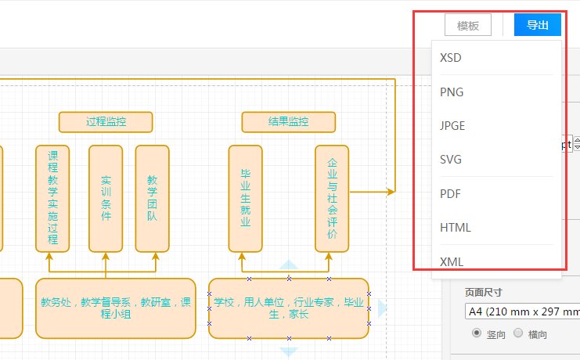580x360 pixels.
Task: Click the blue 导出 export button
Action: (538, 25)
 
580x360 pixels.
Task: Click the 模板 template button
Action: (468, 25)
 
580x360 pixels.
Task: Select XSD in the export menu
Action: (451, 58)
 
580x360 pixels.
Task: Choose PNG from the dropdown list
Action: (452, 92)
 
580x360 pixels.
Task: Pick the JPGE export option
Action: (453, 126)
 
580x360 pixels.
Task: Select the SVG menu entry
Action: (451, 160)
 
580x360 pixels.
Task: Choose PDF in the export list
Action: (450, 193)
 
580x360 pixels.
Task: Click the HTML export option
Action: (456, 228)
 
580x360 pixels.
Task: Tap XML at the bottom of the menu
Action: (452, 261)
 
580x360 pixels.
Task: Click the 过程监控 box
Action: (106, 122)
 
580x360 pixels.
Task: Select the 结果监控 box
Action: (288, 122)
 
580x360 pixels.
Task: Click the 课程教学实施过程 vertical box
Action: (52, 198)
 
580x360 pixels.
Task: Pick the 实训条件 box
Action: (106, 198)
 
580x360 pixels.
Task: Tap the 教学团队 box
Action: (153, 198)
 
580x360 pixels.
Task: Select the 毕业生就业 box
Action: (245, 198)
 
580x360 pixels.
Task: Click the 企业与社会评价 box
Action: (332, 198)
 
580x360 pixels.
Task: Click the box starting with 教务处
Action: (116, 308)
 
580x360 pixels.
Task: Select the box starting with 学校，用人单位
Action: (289, 308)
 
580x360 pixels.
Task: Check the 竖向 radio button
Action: (476, 333)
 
